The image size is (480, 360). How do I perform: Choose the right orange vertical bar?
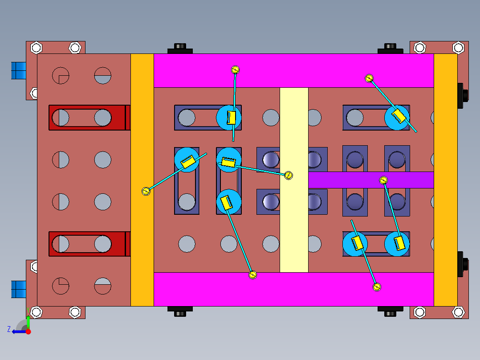[446, 180]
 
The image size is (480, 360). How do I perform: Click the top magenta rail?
[294, 70]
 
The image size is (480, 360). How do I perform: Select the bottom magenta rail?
[294, 289]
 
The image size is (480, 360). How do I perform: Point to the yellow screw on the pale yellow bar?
[289, 175]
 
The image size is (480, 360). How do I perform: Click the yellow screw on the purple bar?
[383, 180]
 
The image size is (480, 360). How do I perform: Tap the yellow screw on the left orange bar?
[146, 191]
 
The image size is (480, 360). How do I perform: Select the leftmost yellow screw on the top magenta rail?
[235, 70]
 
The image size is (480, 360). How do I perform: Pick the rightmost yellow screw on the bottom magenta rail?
[377, 287]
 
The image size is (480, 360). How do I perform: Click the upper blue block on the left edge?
[19, 70]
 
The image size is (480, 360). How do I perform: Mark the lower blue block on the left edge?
[19, 289]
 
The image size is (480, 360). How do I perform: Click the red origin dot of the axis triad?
[28, 331]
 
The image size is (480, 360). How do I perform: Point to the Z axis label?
[9, 329]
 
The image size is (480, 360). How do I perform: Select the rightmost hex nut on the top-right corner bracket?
[458, 48]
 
